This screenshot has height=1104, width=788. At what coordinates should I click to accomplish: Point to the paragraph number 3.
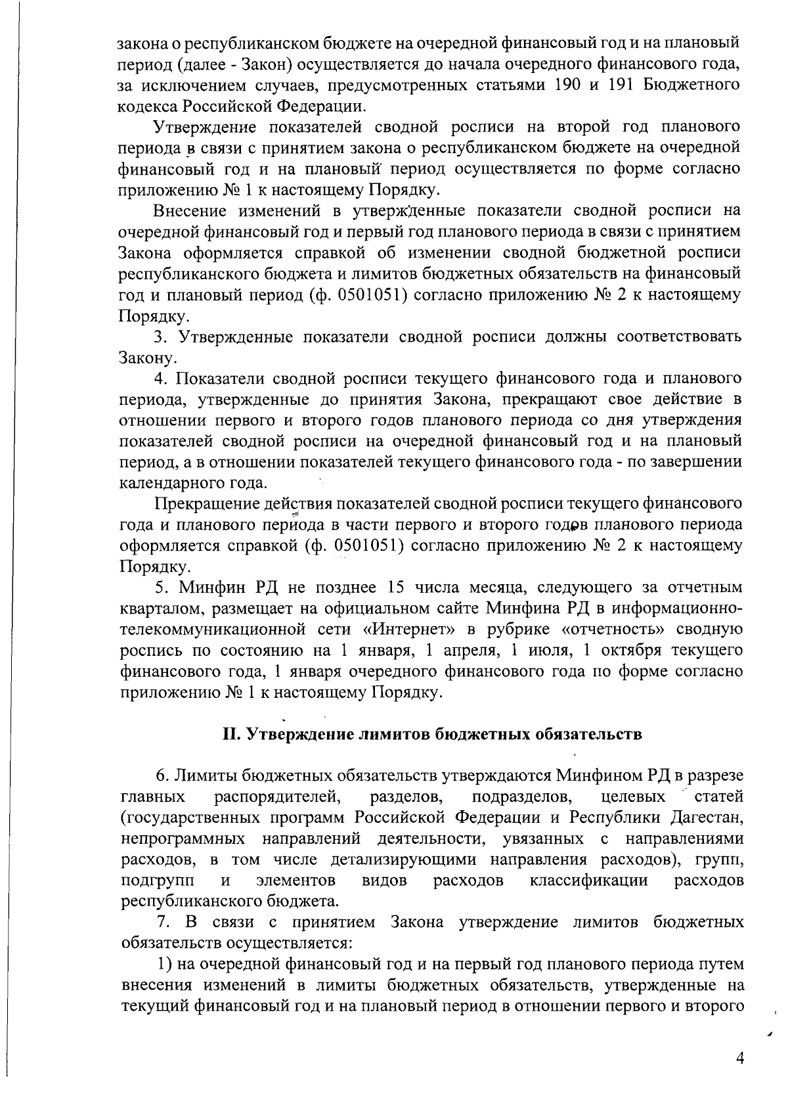click(158, 337)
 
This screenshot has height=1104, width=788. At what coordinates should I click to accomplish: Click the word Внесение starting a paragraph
click(190, 211)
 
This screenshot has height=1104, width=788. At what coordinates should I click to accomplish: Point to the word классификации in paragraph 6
click(589, 880)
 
